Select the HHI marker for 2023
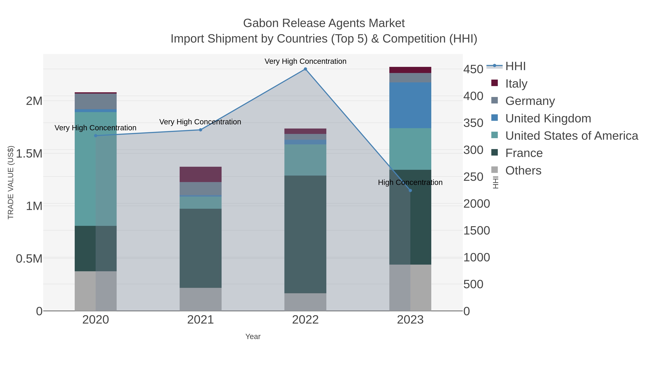pos(410,191)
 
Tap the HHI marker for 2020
pos(96,136)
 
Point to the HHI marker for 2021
pos(201,130)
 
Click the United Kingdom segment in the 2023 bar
pos(410,105)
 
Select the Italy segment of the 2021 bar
pos(201,174)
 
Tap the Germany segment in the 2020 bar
pos(96,101)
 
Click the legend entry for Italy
pos(516,84)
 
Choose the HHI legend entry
pos(515,66)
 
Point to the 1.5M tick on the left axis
pos(29,154)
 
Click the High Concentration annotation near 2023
pos(410,182)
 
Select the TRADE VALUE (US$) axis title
pos(11,182)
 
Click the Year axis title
pos(253,337)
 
